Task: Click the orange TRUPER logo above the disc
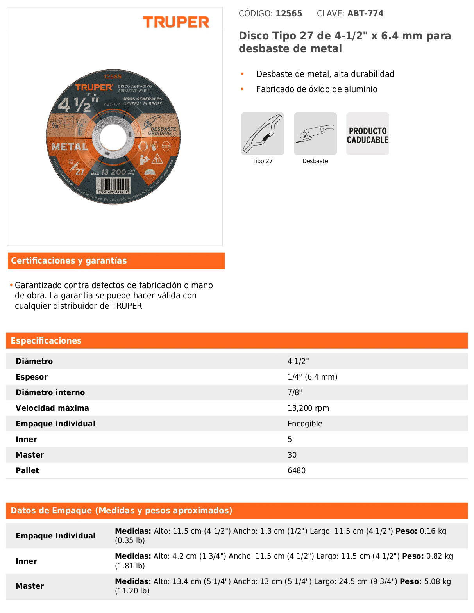click(176, 22)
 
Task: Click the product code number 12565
click(289, 14)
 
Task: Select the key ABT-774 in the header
click(365, 14)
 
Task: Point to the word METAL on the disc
click(70, 147)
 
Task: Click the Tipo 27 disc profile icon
click(263, 134)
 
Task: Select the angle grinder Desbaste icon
click(315, 134)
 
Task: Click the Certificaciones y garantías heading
click(69, 261)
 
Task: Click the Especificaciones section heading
click(46, 340)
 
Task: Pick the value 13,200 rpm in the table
click(308, 408)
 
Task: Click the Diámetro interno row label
click(50, 392)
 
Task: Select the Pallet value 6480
click(297, 470)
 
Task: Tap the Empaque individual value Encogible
click(305, 424)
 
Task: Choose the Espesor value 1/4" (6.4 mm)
click(313, 377)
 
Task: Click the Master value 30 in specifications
click(292, 455)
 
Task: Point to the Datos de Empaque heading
click(121, 510)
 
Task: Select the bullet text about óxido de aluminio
click(317, 89)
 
